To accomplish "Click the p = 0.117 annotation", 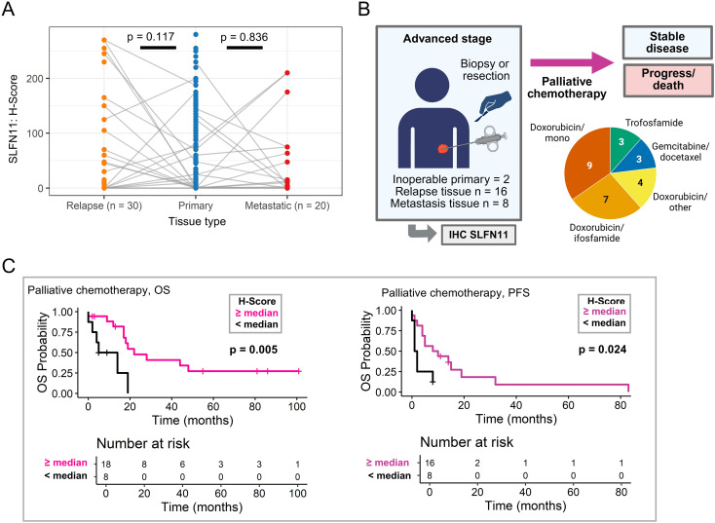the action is [150, 36].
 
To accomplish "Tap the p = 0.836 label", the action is [244, 37].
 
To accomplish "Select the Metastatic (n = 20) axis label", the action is [287, 205].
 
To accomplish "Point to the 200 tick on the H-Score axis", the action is [35, 79].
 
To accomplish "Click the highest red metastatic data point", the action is [287, 73].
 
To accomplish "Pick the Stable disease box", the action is [667, 43].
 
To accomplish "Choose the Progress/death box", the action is [668, 80].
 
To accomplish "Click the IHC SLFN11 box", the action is [478, 235].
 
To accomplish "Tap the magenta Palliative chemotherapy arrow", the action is [572, 63].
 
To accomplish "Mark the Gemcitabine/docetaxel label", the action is [680, 152].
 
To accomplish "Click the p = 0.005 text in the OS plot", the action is [253, 350].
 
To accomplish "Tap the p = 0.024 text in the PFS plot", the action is [602, 350].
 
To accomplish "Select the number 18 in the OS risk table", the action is [106, 465].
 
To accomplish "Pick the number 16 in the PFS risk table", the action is [430, 463].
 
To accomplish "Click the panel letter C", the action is [9, 266].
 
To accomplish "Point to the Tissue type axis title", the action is [197, 222].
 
